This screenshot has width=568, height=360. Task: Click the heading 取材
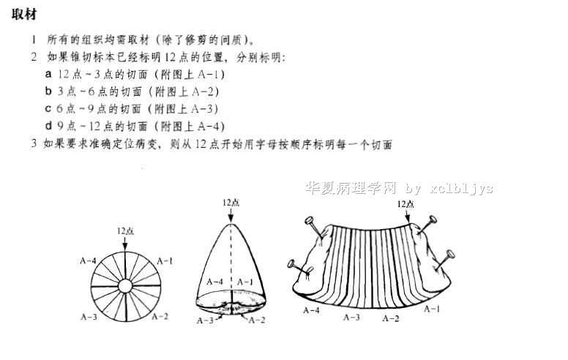pos(24,15)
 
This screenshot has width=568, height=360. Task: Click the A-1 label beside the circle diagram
pos(165,260)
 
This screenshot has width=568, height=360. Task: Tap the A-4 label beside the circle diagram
pos(88,260)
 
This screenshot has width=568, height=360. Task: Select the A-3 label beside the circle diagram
pos(89,317)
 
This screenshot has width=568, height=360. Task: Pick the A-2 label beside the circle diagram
pos(160,316)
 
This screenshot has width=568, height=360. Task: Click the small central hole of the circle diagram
pos(125,286)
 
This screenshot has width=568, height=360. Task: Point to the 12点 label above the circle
pos(125,230)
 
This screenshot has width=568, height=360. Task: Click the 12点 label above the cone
pos(231,203)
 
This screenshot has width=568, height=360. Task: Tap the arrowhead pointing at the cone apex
pos(231,218)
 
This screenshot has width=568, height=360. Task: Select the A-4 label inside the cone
pos(214,282)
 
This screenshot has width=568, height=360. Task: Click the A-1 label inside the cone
pos(245,282)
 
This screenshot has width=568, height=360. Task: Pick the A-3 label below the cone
pos(205,320)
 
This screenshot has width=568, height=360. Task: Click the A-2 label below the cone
pos(257,320)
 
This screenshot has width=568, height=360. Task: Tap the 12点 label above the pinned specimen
pos(406,204)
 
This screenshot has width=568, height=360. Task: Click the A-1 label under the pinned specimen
pos(432,309)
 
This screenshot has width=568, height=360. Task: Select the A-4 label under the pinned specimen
pos(311,310)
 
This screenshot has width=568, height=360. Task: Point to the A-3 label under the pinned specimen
pos(351,318)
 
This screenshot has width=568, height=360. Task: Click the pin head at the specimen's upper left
pos(309,220)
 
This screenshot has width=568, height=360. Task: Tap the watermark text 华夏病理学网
pos(351,188)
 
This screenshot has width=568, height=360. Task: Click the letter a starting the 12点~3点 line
pos(48,74)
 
